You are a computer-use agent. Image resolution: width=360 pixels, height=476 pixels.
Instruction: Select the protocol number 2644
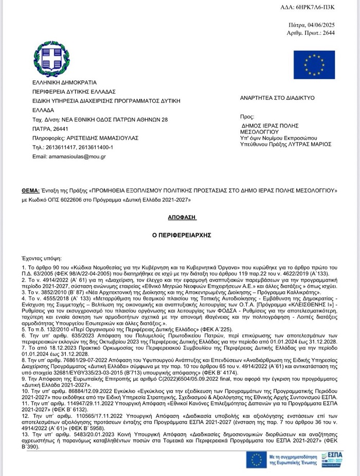(x=328, y=32)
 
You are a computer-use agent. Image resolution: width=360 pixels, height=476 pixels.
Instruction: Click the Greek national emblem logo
(x=51, y=59)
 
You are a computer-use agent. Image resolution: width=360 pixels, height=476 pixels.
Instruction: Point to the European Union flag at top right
(x=314, y=65)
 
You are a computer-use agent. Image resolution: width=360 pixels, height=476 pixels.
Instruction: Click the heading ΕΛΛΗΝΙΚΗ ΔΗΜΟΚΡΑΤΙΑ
(x=64, y=82)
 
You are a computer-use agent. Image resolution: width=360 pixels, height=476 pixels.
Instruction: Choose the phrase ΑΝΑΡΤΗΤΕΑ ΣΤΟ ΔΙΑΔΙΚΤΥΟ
(x=277, y=97)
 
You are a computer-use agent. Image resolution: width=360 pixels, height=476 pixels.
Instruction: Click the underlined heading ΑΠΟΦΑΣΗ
(x=182, y=218)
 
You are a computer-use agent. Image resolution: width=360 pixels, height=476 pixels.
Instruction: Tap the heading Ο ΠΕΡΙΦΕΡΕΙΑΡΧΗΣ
(x=182, y=235)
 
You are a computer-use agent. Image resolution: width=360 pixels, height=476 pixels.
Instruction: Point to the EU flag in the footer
(x=256, y=460)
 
